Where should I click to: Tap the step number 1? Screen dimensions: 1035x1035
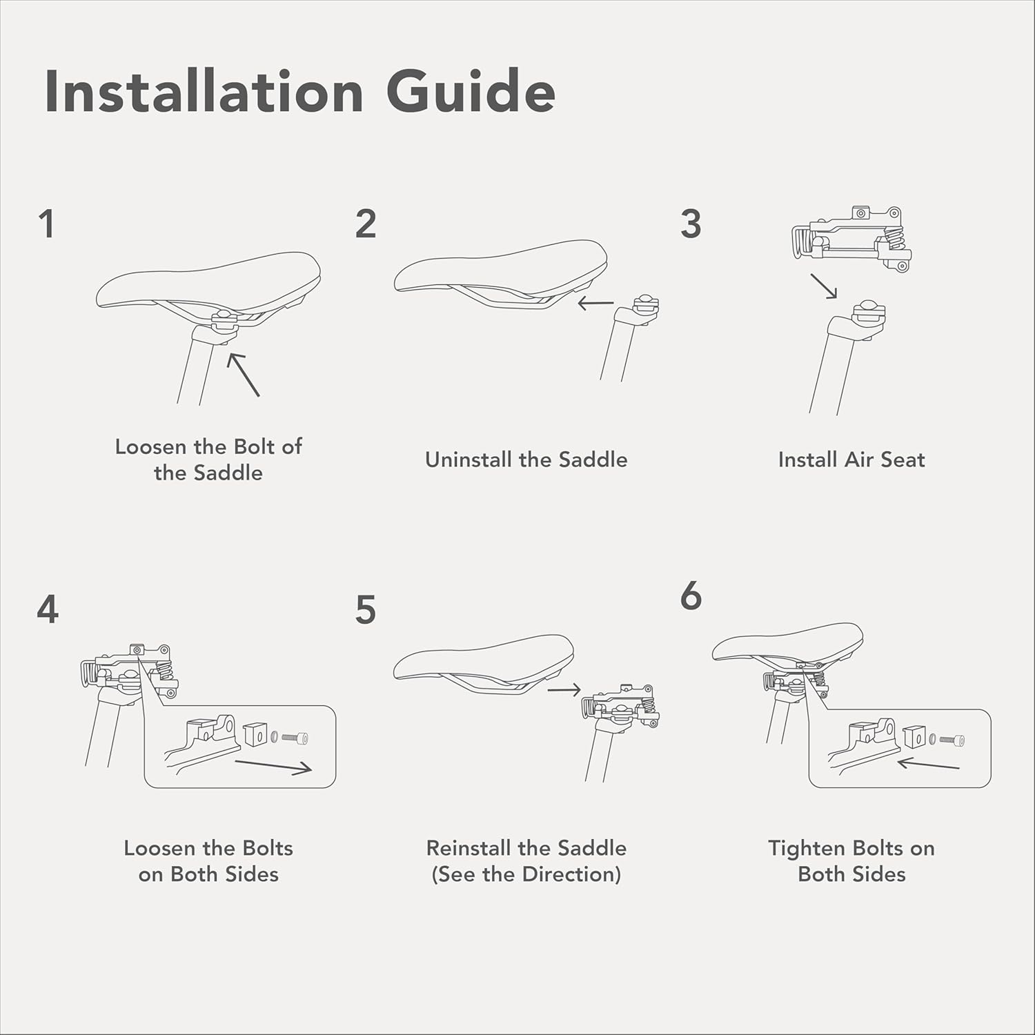47,224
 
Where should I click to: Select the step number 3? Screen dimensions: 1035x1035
691,224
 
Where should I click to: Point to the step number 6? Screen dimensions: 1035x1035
691,595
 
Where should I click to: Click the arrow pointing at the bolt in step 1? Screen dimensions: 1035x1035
244,375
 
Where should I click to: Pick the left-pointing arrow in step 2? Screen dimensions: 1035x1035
595,303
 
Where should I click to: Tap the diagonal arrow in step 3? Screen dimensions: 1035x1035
824,286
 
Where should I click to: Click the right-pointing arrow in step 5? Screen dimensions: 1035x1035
564,689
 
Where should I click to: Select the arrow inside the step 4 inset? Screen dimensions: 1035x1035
273,767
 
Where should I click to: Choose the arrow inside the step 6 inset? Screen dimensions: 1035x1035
929,763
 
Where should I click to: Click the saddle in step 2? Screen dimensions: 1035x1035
501,274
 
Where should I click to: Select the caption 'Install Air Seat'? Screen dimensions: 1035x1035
851,460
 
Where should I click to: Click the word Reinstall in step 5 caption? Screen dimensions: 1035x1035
469,848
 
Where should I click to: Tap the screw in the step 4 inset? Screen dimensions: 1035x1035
295,738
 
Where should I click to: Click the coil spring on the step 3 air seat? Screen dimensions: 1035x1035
894,239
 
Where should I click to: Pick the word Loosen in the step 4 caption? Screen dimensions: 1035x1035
160,848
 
